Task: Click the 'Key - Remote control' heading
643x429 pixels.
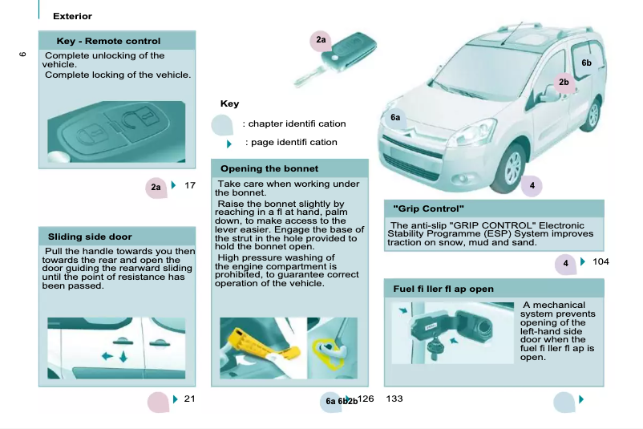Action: [x=108, y=41]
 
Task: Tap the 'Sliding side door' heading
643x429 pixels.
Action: [x=90, y=237]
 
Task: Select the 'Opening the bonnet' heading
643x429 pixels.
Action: [x=269, y=168]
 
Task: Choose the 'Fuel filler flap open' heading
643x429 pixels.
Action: [x=443, y=289]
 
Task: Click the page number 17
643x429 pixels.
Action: [x=190, y=186]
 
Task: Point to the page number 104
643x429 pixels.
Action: [x=601, y=262]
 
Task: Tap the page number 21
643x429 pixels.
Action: [x=189, y=399]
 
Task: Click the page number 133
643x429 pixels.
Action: [x=394, y=399]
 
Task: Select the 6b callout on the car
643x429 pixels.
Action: [x=586, y=63]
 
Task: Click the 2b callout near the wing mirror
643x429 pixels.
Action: [x=564, y=82]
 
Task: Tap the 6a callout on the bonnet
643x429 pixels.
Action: [x=395, y=118]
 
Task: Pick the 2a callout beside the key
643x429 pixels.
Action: [x=321, y=39]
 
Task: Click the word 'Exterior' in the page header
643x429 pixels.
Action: [x=72, y=16]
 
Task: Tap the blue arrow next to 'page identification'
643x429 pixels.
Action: [x=229, y=144]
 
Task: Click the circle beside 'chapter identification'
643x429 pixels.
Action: [x=222, y=124]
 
